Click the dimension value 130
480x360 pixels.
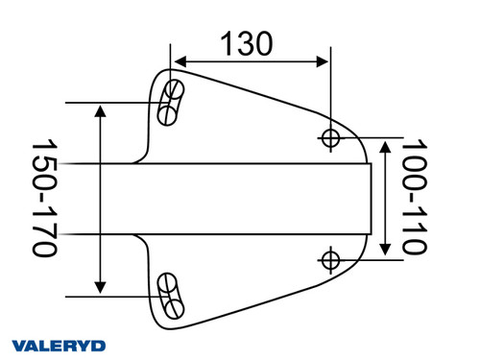coord(247,42)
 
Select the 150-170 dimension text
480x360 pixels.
coord(43,198)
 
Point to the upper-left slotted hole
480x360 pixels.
coord(172,103)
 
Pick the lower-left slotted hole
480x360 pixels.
coord(172,296)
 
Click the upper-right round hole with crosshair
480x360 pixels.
coord(331,138)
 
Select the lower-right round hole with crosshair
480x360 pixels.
coord(331,259)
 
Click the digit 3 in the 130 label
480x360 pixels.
coord(247,42)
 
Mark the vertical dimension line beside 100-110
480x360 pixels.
coord(385,199)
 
